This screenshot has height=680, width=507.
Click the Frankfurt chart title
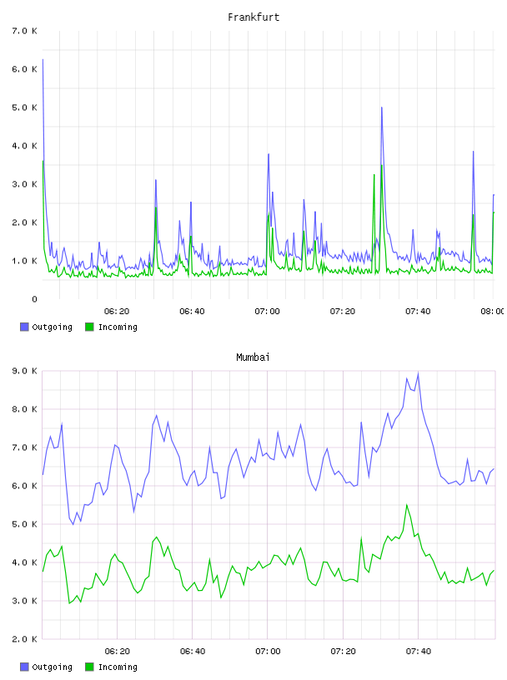coord(254,17)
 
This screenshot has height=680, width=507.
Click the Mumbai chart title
coord(253,357)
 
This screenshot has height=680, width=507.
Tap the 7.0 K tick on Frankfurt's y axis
coord(25,31)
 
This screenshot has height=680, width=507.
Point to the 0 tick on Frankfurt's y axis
coord(34,299)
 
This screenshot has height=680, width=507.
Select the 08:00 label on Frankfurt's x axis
coord(492,312)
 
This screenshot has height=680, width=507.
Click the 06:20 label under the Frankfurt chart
coord(117,312)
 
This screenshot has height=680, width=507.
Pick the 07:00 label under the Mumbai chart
coord(268,652)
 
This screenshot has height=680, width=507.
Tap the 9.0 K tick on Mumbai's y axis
coord(25,371)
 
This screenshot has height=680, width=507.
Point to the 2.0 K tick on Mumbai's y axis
coord(25,639)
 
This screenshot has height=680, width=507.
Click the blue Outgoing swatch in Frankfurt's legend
coord(24,327)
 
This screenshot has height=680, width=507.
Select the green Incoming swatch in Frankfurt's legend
coord(89,327)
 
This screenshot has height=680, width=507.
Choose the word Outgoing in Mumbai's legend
coord(52,667)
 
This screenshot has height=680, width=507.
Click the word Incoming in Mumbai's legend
coord(118,667)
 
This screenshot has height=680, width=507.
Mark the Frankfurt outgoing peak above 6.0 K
coord(43,60)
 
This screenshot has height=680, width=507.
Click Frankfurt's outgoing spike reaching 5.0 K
coord(382,107)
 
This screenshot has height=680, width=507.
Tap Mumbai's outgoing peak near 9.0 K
coord(418,373)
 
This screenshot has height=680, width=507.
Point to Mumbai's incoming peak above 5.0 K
coord(407,505)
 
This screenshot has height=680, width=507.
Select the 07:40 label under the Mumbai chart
coord(419,652)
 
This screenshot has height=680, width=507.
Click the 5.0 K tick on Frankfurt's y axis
coord(25,107)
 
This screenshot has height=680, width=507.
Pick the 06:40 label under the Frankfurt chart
coord(192,312)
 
